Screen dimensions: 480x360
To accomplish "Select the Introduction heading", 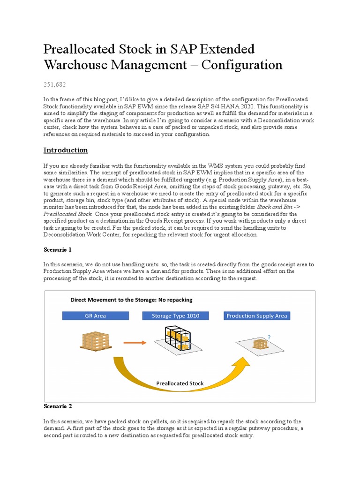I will click(66, 150).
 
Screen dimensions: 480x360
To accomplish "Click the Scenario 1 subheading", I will click(58, 249).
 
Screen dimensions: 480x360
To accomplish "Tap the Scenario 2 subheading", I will click(58, 406).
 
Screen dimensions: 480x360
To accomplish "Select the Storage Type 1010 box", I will click(176, 316).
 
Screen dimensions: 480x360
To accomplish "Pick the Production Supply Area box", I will click(256, 316).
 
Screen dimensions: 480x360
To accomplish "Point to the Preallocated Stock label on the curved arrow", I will click(180, 383).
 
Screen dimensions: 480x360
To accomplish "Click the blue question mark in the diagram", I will click(269, 337).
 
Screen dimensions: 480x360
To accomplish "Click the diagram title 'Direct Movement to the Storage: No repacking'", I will click(131, 300).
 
